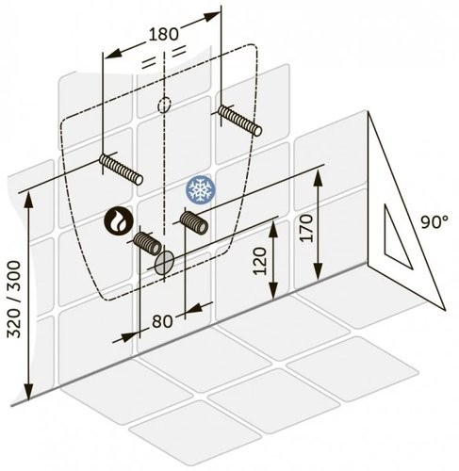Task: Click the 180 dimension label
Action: [163, 34]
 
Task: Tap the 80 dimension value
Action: [162, 321]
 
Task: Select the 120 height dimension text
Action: [260, 261]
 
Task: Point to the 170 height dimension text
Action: [306, 228]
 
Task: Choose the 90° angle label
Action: [434, 222]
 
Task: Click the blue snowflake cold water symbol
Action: [201, 190]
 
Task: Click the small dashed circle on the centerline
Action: [164, 105]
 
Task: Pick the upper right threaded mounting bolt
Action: [240, 121]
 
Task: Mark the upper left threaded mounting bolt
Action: [121, 170]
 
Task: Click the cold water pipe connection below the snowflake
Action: [194, 223]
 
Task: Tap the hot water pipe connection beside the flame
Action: [148, 244]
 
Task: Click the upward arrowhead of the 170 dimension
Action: [319, 177]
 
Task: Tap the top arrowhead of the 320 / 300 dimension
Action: [28, 201]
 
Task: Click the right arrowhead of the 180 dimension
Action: [211, 16]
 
